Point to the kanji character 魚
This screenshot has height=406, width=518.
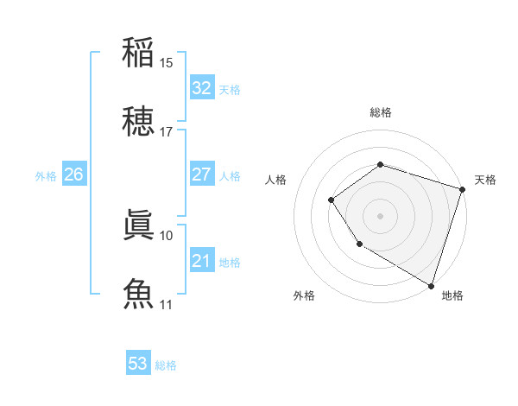coord(138,294)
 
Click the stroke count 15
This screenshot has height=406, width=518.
coord(167,62)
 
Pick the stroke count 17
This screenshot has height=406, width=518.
coord(167,132)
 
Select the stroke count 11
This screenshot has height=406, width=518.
coord(167,304)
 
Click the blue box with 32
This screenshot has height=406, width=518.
coord(201,88)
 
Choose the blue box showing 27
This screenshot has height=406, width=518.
coord(201,174)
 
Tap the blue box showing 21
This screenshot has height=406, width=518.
coord(201,261)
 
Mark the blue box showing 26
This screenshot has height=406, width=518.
coord(73,174)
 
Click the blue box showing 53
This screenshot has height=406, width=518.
coord(138,364)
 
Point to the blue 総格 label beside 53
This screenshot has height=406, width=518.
coord(167,365)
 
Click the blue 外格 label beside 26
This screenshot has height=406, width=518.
coord(46,176)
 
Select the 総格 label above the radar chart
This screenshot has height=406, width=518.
coord(380,112)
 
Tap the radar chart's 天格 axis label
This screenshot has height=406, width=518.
coord(485,180)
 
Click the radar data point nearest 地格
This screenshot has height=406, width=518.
coord(431,285)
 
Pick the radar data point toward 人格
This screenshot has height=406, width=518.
coord(332,200)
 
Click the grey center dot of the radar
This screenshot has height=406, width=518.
coord(380,215)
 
